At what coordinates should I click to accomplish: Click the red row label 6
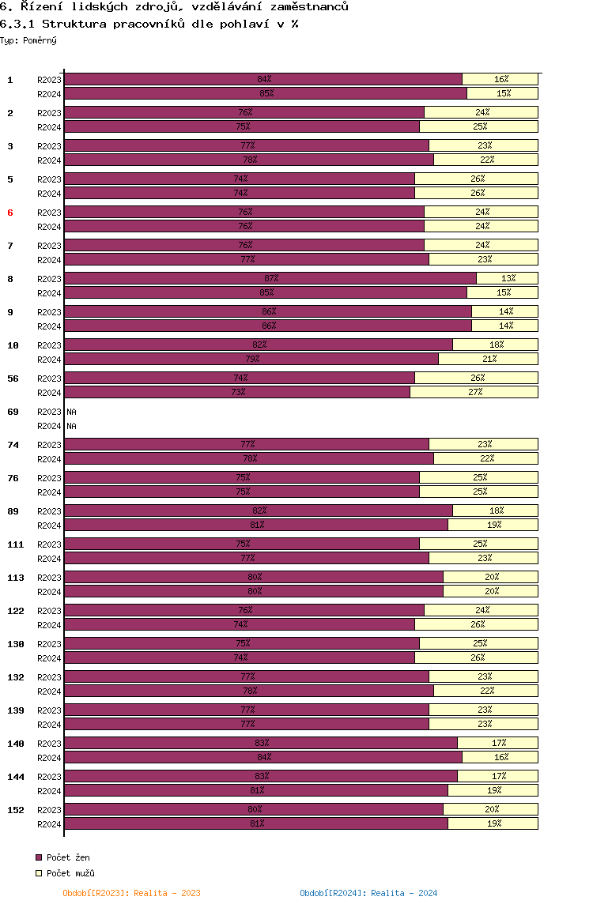tap(10, 213)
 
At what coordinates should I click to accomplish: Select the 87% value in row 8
tap(271, 278)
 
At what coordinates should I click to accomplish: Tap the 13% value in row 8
tap(508, 278)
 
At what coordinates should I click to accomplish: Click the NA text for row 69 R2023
tap(71, 412)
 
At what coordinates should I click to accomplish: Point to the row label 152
tap(16, 810)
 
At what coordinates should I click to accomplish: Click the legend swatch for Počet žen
tap(39, 857)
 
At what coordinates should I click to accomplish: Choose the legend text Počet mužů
tap(70, 873)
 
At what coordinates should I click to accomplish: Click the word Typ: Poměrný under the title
tap(28, 40)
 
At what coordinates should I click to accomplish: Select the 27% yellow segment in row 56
tap(474, 392)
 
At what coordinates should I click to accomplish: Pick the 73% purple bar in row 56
tap(237, 392)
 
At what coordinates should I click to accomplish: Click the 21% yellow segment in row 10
tap(488, 359)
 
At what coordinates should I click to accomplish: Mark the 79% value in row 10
tap(253, 359)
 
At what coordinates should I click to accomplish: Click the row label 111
tap(16, 544)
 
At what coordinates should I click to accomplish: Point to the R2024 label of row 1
tap(49, 94)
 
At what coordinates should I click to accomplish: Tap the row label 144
tap(16, 777)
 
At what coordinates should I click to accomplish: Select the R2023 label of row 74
tap(49, 445)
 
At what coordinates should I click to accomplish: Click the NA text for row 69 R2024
tap(71, 426)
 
